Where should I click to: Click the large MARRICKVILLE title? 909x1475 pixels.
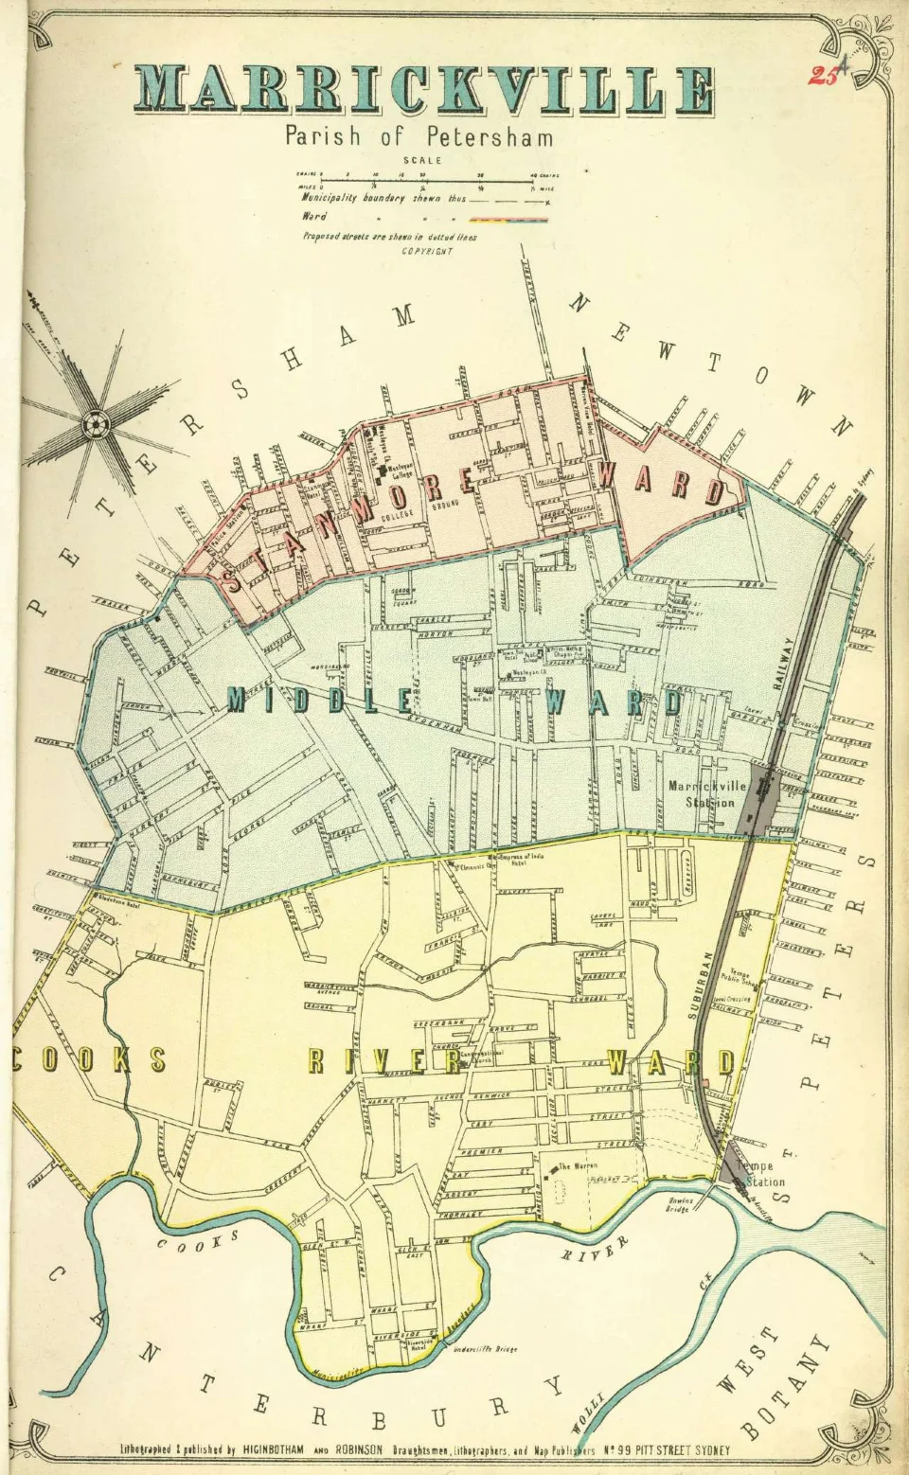425,91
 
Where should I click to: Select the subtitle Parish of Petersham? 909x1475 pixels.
419,136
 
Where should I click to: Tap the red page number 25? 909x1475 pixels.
823,76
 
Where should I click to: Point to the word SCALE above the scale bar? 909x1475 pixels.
422,161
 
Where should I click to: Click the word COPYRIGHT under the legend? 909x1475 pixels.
427,251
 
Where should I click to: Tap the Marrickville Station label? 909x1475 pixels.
707,793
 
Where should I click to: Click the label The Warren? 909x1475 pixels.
578,1166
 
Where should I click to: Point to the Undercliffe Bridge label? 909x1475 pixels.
485,1349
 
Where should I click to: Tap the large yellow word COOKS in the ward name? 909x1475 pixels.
90,1058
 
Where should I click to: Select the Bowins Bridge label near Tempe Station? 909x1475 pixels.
679,1204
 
